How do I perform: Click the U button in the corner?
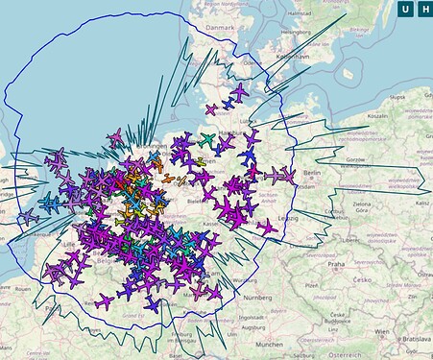coord(405,11)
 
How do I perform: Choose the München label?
coord(262,344)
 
